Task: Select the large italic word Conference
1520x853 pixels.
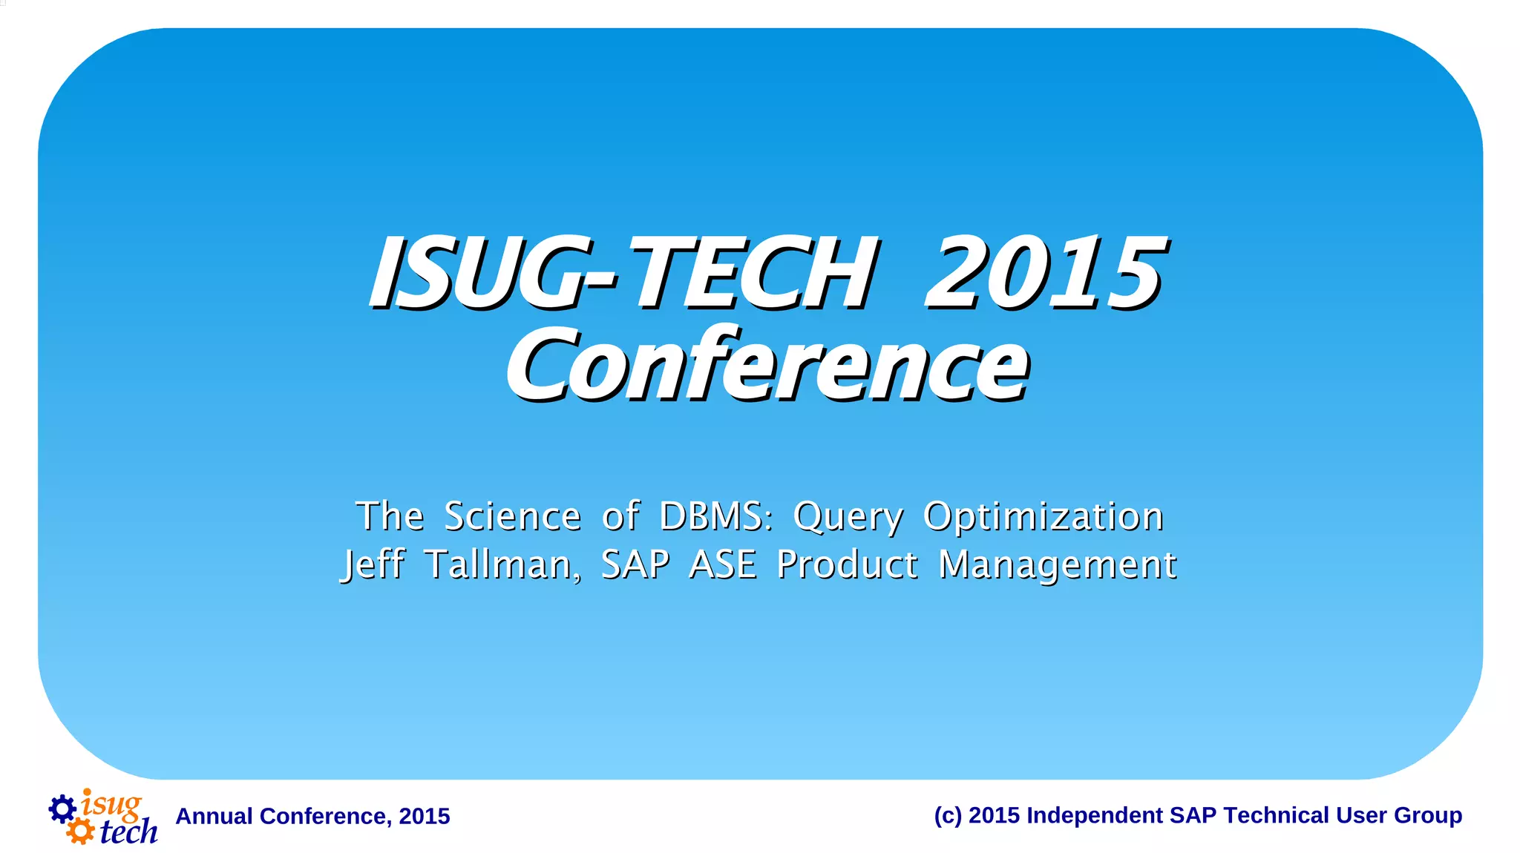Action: click(767, 365)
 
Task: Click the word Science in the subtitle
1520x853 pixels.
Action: click(512, 516)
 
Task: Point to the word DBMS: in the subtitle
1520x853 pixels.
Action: click(715, 516)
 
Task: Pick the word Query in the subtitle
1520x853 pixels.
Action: click(848, 518)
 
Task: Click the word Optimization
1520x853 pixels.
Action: click(1043, 518)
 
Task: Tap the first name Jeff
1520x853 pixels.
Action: click(373, 565)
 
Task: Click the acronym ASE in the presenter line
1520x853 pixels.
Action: click(723, 564)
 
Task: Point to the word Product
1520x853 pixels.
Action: click(847, 564)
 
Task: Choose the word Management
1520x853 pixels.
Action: click(1057, 566)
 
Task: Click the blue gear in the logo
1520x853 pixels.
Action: click(62, 808)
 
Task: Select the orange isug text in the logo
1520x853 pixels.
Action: click(111, 804)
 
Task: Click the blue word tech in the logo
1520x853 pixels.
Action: click(128, 831)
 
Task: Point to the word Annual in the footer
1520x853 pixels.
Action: click(214, 816)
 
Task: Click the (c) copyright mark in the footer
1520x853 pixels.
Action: click(948, 815)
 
